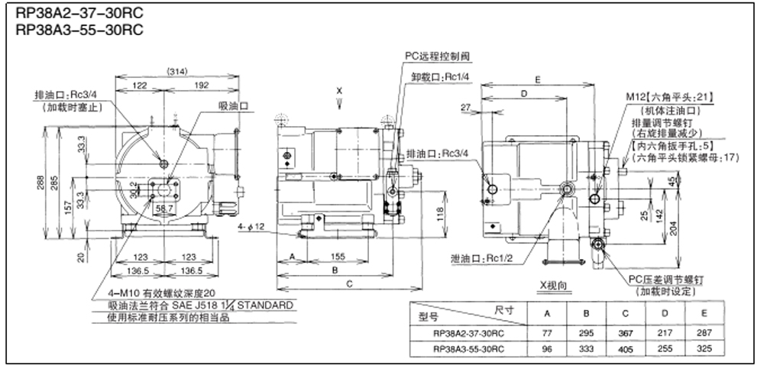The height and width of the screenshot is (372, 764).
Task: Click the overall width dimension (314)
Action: pos(176,71)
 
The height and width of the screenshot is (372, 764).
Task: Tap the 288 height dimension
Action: pos(39,183)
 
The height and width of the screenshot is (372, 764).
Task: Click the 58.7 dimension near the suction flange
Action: pos(163,208)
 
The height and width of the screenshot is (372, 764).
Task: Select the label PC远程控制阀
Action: pos(438,57)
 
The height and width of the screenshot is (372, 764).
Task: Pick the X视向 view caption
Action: pos(555,285)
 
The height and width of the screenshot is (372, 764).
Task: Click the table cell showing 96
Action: pos(547,348)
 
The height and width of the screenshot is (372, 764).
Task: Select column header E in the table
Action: pos(704,313)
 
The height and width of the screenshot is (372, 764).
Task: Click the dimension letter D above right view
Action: pos(523,93)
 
